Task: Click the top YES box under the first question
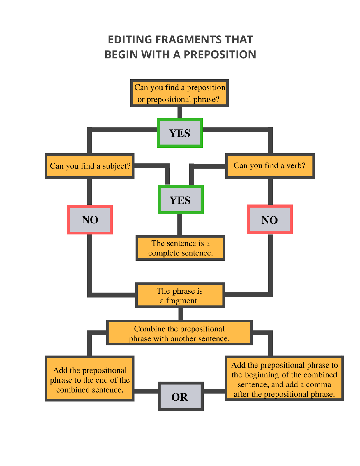click(180, 133)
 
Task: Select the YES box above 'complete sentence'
click(180, 200)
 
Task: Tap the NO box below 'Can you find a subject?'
click(90, 220)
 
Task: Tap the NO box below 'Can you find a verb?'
click(269, 220)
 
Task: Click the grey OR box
click(180, 396)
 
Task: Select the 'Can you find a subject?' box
click(89, 166)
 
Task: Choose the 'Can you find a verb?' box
click(270, 166)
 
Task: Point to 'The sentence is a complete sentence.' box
click(180, 248)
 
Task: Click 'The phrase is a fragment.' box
click(180, 295)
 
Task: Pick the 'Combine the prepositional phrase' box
click(179, 333)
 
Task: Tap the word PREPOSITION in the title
click(220, 54)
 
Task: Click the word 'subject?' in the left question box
click(116, 166)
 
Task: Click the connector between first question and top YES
click(180, 112)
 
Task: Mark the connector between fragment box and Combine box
click(180, 314)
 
